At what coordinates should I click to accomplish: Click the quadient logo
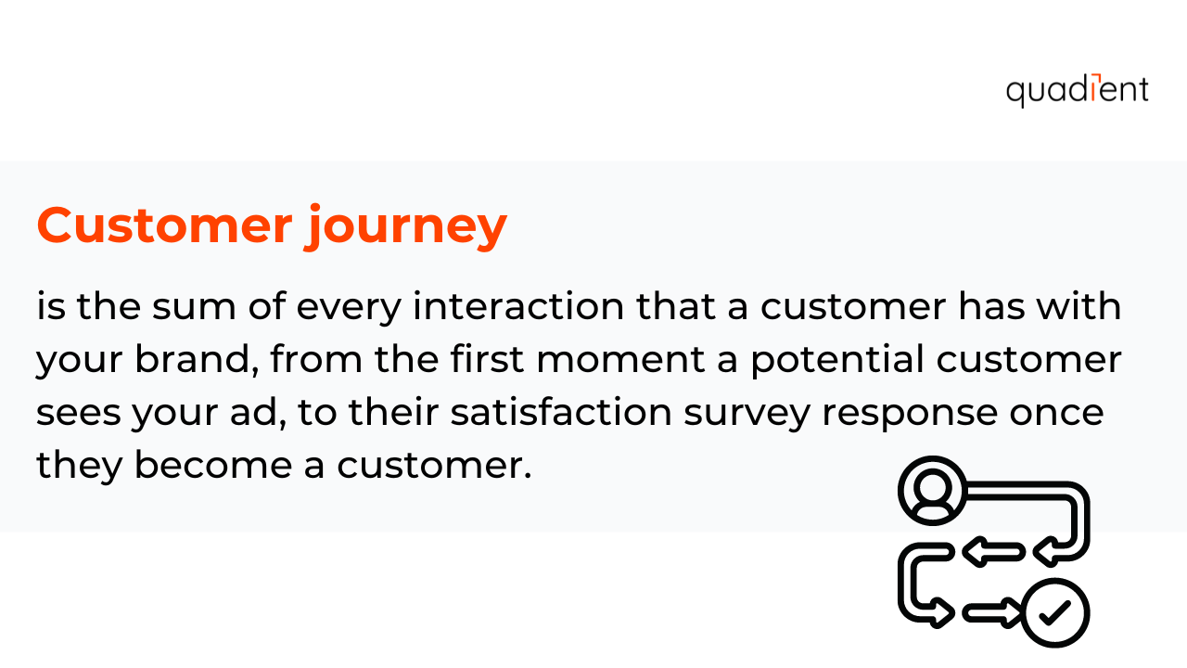[1077, 90]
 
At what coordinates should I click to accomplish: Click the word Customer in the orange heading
[162, 225]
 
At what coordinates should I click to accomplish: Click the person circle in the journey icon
[932, 490]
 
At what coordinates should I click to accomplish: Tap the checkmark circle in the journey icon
[1054, 612]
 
